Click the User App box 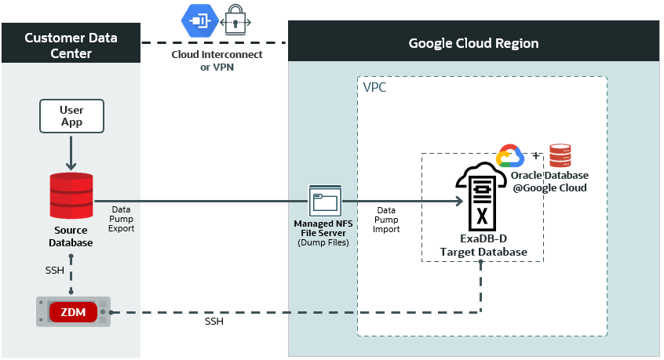click(x=71, y=116)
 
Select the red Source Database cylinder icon click(x=71, y=196)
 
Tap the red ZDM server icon click(x=72, y=312)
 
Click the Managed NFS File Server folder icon click(x=325, y=202)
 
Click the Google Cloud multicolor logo click(x=510, y=156)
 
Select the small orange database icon click(x=560, y=156)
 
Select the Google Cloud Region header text click(x=473, y=43)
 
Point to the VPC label click(x=374, y=87)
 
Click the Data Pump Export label click(x=121, y=220)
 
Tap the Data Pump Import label click(x=386, y=220)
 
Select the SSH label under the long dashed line click(x=214, y=322)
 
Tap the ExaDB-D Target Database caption click(x=483, y=245)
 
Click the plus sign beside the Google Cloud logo click(x=537, y=155)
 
